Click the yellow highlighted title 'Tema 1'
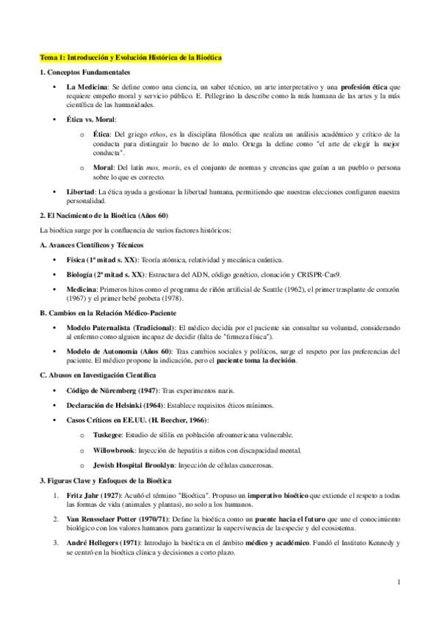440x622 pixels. (x=131, y=57)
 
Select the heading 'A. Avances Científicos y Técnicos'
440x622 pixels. (x=91, y=244)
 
